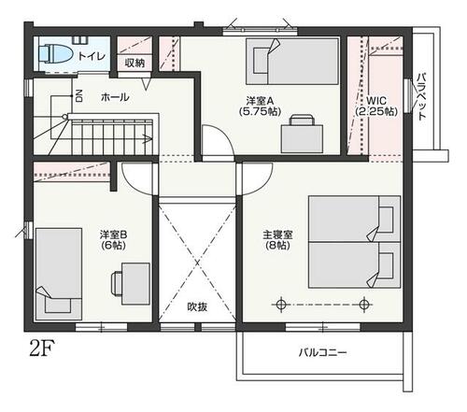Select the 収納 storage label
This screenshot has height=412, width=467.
[134, 64]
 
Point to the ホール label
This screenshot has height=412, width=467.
[115, 97]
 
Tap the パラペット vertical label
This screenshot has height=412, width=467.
[421, 96]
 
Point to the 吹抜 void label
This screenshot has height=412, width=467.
[197, 306]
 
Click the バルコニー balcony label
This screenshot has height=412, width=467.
[322, 353]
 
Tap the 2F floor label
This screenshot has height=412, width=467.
[42, 348]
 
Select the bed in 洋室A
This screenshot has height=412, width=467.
[292, 61]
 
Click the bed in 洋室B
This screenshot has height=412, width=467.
[59, 274]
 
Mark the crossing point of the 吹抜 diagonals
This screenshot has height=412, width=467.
[197, 263]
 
